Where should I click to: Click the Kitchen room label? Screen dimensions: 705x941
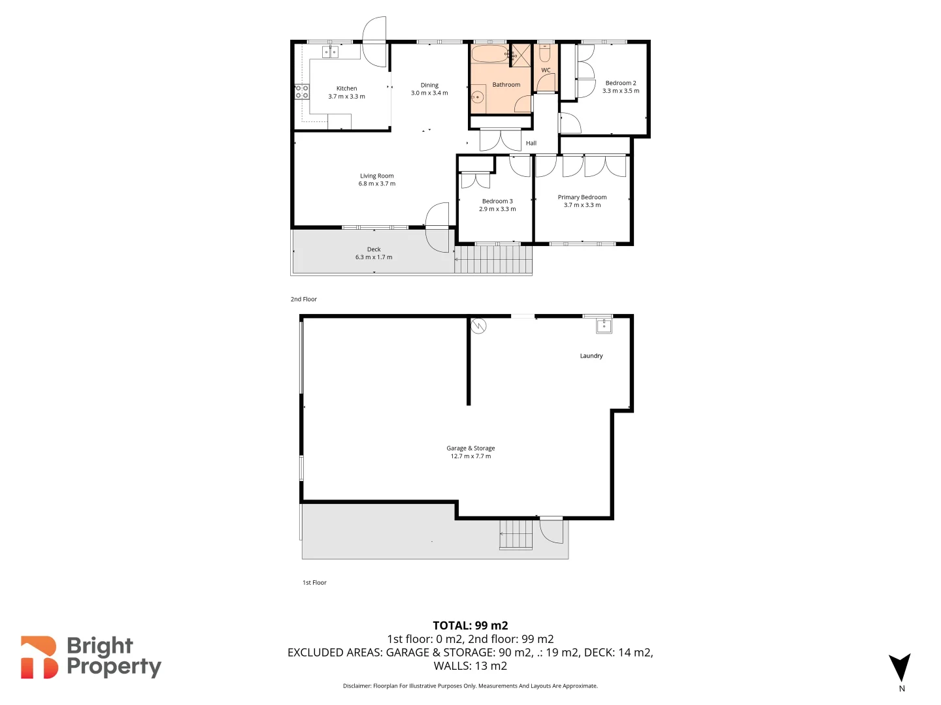coord(346,88)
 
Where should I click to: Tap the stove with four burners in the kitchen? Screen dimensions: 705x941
coord(302,91)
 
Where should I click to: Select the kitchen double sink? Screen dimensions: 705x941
coord(330,52)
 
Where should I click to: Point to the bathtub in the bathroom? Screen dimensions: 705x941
coord(489,54)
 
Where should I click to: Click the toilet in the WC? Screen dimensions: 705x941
coord(545,52)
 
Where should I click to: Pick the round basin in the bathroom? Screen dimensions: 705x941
coord(478,98)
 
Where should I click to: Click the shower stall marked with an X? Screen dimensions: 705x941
coord(521,55)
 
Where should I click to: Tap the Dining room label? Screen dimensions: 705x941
coord(429,85)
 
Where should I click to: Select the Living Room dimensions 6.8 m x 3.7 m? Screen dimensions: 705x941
coord(376,184)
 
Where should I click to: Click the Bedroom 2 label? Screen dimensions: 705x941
coord(620,83)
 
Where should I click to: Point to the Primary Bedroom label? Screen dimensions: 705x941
coord(582,197)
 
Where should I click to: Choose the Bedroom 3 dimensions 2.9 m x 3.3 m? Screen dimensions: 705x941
coord(497,209)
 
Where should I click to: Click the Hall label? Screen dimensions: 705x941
coord(531,143)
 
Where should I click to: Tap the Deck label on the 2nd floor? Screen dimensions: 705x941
coord(374,249)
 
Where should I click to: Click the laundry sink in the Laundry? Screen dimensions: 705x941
coord(604,325)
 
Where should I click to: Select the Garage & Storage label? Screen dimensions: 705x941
coord(470,448)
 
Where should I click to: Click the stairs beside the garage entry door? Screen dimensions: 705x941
coord(516,535)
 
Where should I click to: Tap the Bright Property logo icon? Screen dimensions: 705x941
coord(39,657)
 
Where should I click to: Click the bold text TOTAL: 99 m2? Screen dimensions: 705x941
coord(470,625)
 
